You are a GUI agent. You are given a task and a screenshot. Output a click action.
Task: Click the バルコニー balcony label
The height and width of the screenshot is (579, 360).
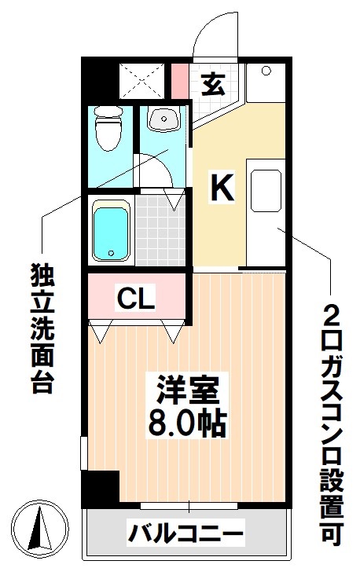(186, 536)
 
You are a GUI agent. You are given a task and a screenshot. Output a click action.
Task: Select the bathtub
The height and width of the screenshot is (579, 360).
(110, 231)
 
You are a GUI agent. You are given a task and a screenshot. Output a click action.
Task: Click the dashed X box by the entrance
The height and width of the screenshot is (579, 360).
(141, 79)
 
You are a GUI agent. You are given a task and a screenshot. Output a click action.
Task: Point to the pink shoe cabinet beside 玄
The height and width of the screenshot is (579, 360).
(180, 81)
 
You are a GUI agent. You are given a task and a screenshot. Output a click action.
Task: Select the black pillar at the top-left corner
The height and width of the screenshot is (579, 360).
(99, 79)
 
